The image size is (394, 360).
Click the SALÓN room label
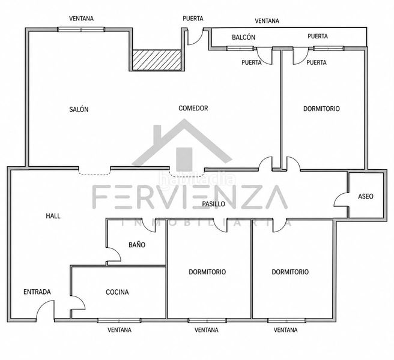[79, 109]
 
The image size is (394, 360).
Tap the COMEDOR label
[193, 108]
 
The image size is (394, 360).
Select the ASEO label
[366, 196]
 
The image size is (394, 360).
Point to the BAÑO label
[137, 245]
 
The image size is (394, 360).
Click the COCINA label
[117, 292]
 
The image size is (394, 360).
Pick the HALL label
[53, 216]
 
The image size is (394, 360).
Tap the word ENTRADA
[37, 292]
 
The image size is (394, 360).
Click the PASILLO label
[214, 204]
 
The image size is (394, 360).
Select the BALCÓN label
[243, 37]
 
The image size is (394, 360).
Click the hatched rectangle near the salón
[157, 60]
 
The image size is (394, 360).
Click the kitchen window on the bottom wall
[119, 320]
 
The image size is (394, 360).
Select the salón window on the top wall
[81, 29]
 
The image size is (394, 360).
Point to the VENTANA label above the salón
[81, 19]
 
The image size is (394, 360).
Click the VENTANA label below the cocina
[120, 330]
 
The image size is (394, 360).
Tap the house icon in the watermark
[182, 145]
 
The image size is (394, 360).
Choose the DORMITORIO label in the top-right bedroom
[321, 109]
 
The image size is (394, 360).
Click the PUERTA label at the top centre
[193, 19]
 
